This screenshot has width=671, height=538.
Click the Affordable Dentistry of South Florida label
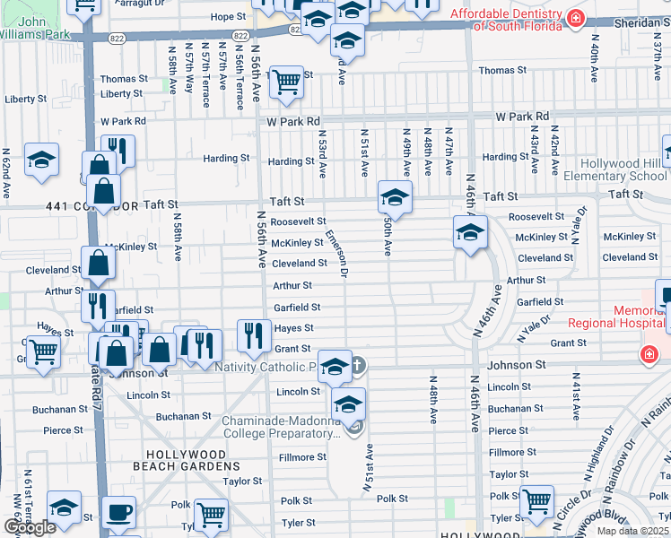pos(507,19)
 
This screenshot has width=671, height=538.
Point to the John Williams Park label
pos(39,28)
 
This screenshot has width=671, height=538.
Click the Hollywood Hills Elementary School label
pos(623,169)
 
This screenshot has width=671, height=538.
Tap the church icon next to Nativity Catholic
pos(357,365)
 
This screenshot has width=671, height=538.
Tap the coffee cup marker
pos(118,514)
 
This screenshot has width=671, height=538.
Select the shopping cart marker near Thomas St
pos(286,82)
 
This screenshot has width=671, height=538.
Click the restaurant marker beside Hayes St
pos(254,334)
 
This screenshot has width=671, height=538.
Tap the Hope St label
pos(228,17)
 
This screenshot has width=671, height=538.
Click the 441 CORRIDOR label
pos(78,206)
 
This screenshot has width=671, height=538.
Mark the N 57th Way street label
pos(189,72)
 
